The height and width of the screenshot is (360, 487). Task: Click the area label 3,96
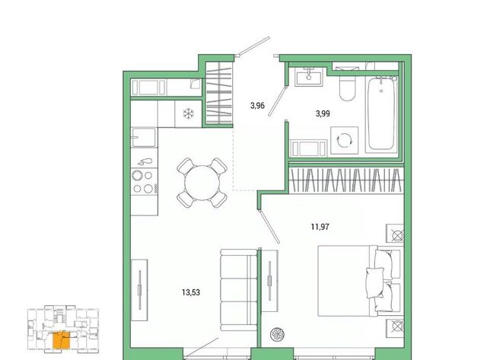(x=257, y=106)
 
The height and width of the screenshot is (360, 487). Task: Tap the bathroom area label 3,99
(x=323, y=113)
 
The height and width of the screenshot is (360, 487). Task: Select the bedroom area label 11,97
(x=320, y=227)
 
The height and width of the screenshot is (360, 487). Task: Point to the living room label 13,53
(x=191, y=292)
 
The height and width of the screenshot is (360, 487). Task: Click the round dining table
(x=202, y=183)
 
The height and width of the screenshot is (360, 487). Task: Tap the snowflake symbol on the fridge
(x=188, y=113)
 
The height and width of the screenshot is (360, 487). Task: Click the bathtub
(x=381, y=113)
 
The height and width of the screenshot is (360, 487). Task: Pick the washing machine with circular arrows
(x=344, y=140)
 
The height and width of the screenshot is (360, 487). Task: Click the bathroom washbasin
(x=309, y=76)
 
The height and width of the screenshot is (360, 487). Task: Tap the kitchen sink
(x=144, y=137)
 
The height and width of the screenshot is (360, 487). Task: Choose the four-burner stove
(x=144, y=182)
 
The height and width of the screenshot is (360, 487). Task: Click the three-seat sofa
(x=239, y=290)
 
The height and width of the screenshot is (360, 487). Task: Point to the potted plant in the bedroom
(x=277, y=335)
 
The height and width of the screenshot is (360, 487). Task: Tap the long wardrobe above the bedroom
(x=346, y=180)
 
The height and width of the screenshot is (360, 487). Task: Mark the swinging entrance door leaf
(x=253, y=46)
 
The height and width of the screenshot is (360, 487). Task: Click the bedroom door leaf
(x=269, y=227)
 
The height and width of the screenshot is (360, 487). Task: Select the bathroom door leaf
(x=277, y=101)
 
